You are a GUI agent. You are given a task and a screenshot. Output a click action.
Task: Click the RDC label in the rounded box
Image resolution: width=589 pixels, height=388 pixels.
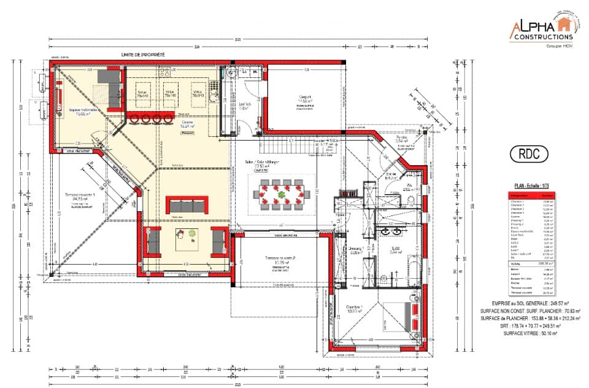[528, 155]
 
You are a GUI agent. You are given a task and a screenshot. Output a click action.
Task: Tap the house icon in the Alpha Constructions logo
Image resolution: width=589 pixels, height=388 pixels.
[563, 25]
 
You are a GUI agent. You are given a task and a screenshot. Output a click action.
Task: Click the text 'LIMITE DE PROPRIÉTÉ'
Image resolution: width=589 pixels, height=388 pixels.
[143, 55]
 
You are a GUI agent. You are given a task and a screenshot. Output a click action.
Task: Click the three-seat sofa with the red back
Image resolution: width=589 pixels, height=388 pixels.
[187, 205]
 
